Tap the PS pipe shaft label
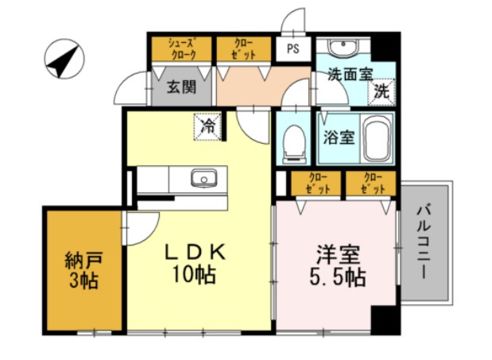(293, 48)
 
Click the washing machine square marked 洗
(382, 91)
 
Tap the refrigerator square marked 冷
(207, 126)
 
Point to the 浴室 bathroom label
(338, 136)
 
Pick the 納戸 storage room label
(82, 260)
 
